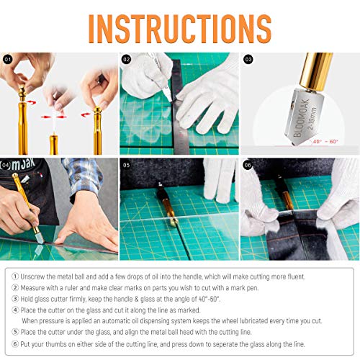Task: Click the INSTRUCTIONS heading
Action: click(180, 29)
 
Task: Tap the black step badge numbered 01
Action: click(8, 59)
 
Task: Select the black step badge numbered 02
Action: click(127, 59)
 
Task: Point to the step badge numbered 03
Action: click(248, 59)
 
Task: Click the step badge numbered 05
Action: click(127, 165)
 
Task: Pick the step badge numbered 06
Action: click(248, 165)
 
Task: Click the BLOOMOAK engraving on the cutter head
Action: click(301, 118)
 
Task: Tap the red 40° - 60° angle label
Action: click(325, 142)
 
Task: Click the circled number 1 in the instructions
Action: click(15, 276)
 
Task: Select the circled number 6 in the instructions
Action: click(15, 344)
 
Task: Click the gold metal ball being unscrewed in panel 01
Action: click(22, 92)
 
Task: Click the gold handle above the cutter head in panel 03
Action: click(316, 71)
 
